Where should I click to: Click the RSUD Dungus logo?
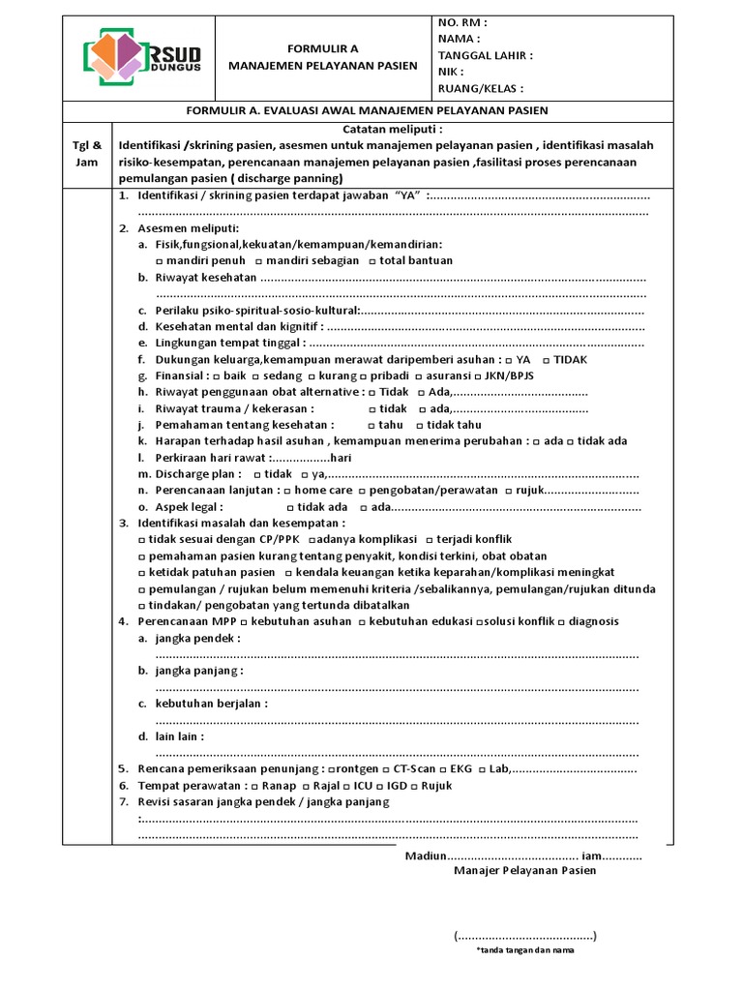pos(139,58)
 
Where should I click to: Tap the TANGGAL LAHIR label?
pos(485,55)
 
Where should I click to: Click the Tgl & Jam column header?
pos(87,154)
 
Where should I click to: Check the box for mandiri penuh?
pos(160,261)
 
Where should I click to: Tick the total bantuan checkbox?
pos(371,261)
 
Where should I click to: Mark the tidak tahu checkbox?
pos(420,425)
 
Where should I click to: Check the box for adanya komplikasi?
pos(312,539)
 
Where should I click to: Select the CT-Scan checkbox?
pos(384,769)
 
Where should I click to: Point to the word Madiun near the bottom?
pos(424,856)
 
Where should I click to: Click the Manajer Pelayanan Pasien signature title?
pos(525,870)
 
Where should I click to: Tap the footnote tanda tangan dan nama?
pos(524,951)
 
